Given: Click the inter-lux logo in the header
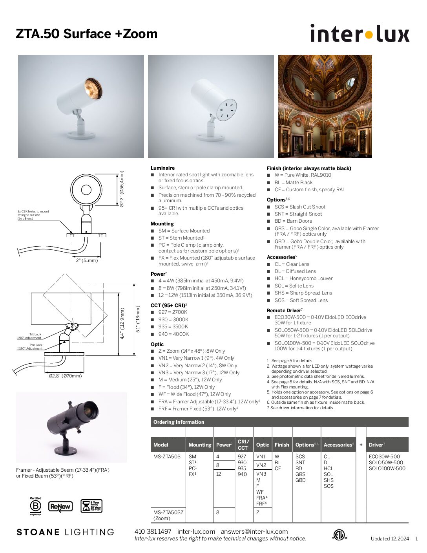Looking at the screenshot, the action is (x=359, y=33).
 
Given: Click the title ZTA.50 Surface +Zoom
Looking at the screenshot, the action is (x=87, y=34).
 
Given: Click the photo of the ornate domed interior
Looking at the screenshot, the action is (x=325, y=106).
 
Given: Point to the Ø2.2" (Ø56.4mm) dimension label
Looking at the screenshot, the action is (x=122, y=189).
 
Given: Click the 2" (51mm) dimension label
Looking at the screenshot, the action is (x=87, y=260).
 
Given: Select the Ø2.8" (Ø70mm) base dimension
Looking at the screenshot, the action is (x=66, y=376).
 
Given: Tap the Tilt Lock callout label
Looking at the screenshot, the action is (x=35, y=334).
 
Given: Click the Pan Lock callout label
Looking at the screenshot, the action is (x=36, y=345).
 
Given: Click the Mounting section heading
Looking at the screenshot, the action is (x=162, y=223).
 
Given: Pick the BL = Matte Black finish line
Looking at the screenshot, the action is (x=294, y=182).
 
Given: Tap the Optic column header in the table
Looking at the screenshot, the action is (x=263, y=445).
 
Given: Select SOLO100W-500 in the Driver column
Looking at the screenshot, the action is (x=387, y=468).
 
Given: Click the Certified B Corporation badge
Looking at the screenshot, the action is (x=36, y=506).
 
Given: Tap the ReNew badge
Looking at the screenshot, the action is (x=60, y=506).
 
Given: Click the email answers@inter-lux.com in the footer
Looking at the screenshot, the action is (x=254, y=531).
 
